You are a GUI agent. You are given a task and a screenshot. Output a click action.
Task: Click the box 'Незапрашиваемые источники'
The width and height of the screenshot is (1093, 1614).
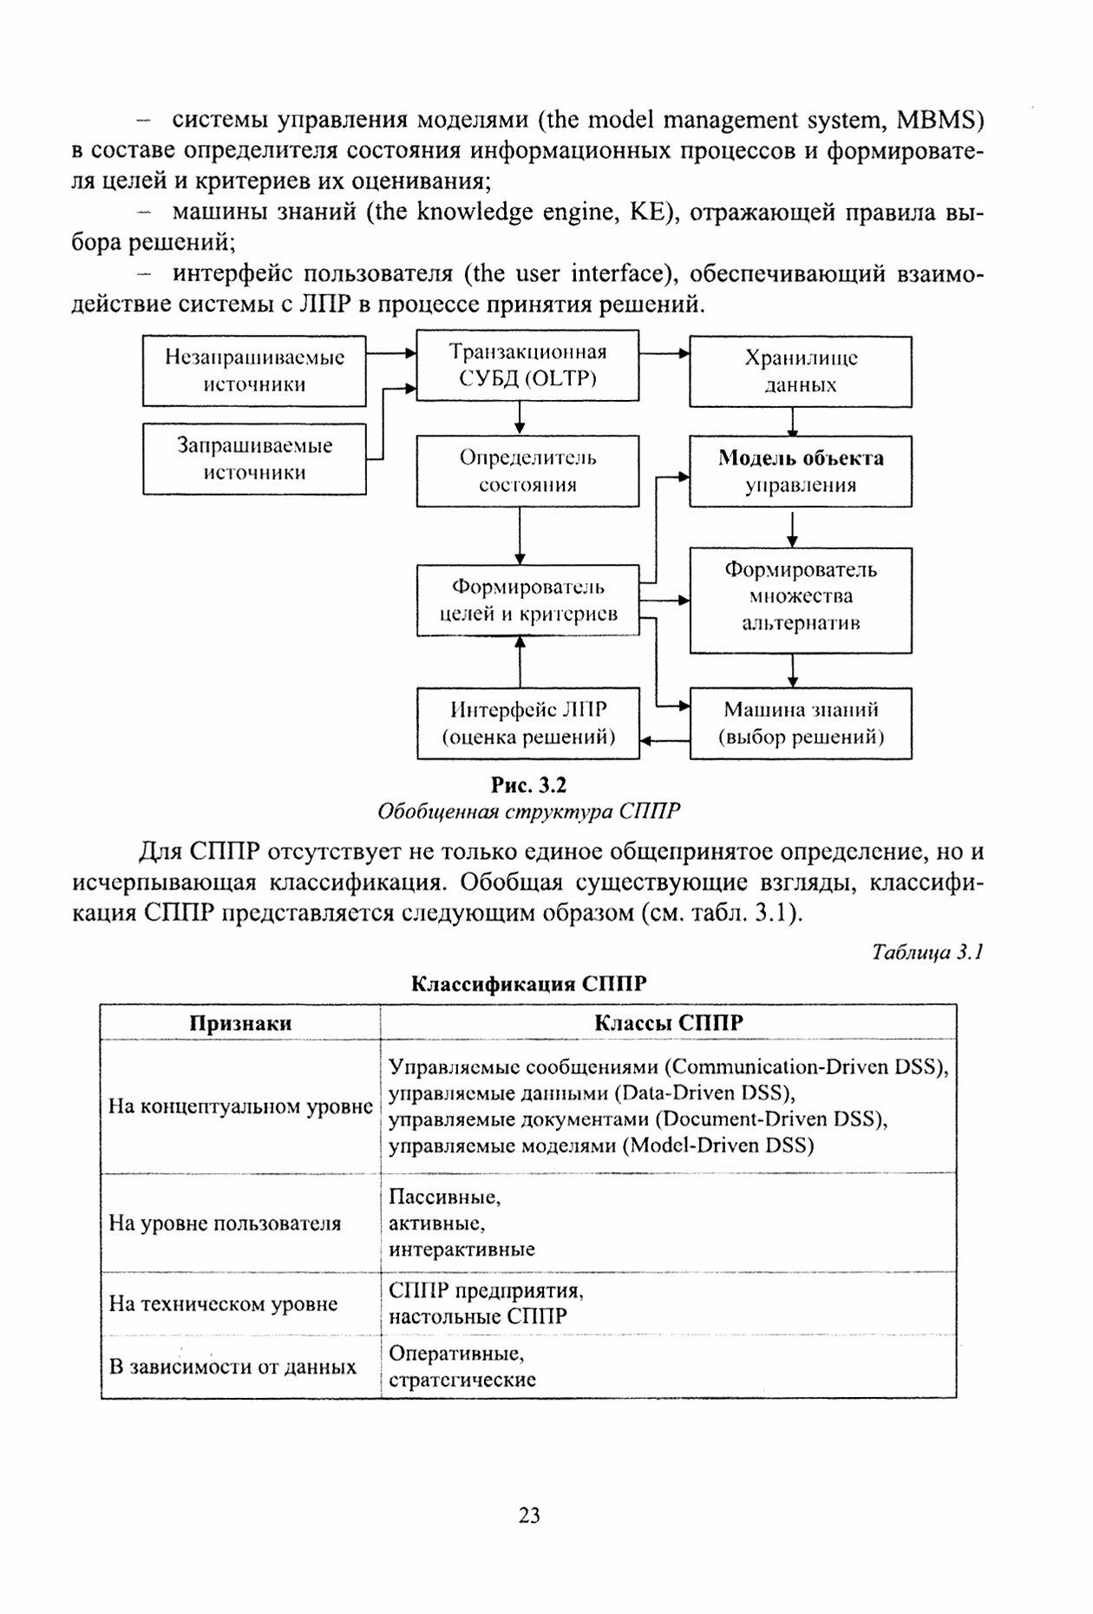click(254, 371)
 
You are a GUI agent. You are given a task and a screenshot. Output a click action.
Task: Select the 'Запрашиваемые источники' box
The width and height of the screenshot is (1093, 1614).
click(254, 459)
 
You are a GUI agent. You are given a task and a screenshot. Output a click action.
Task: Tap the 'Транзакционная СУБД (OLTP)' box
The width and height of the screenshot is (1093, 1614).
click(527, 365)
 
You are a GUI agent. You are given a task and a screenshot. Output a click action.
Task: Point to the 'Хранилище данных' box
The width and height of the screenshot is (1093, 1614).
click(800, 371)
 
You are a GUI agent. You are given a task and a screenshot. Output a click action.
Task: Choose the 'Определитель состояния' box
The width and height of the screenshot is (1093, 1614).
click(527, 471)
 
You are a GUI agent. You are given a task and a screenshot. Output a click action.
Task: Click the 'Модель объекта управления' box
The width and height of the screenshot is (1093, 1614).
click(800, 471)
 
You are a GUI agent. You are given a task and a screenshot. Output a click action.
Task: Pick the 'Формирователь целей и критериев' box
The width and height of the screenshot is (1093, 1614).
click(527, 600)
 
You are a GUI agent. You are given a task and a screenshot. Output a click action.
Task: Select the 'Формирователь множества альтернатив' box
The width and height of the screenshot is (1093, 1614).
click(800, 600)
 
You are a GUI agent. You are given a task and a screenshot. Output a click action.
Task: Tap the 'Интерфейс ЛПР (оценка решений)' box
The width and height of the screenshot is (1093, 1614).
click(527, 724)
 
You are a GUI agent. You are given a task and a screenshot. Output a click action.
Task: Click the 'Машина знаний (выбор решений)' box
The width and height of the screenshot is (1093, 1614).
click(800, 724)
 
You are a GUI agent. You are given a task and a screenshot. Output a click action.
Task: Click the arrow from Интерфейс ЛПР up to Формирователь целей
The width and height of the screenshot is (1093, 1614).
click(520, 661)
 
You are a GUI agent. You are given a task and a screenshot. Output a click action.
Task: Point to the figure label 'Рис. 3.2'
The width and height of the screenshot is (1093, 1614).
click(528, 785)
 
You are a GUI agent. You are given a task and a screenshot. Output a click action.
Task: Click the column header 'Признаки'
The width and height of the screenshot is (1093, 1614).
click(240, 1023)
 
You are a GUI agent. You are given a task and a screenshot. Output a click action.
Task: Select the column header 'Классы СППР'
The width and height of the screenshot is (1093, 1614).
click(668, 1023)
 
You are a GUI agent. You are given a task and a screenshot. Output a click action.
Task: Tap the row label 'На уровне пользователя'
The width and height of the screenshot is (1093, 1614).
click(225, 1224)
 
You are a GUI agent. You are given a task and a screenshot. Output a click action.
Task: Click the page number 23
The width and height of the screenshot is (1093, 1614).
click(529, 1516)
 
